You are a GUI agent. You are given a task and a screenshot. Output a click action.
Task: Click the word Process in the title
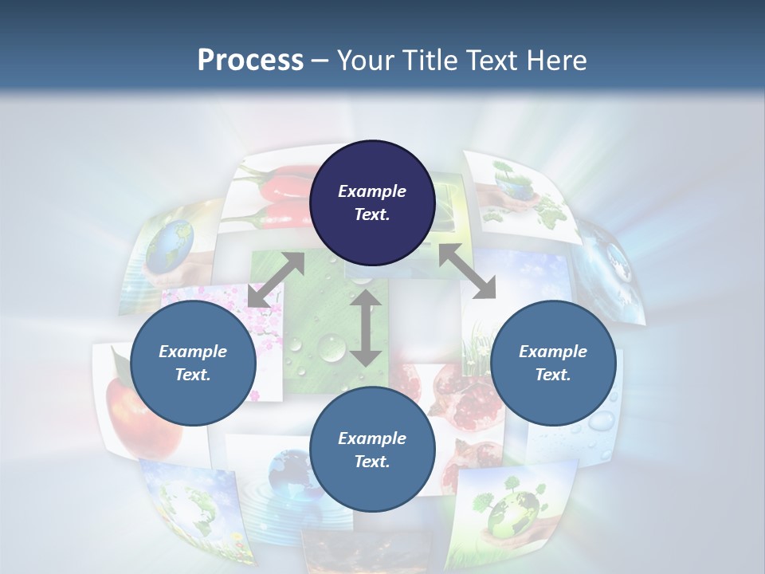[x=250, y=60]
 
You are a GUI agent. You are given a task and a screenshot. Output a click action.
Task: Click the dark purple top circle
[x=372, y=202]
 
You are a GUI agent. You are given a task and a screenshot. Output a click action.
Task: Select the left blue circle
[x=193, y=363]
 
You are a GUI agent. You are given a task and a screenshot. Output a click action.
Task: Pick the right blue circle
[x=552, y=363]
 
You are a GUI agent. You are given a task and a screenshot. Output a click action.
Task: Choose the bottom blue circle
[x=372, y=450]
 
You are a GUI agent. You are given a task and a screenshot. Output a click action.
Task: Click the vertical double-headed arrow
[x=366, y=328]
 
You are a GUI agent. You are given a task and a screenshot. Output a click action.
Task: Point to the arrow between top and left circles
[x=276, y=280]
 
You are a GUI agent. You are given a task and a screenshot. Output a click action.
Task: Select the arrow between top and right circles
[x=467, y=271]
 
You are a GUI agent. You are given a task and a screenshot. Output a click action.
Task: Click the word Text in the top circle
[x=372, y=214]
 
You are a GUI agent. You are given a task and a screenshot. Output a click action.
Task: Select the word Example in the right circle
[x=552, y=352]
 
